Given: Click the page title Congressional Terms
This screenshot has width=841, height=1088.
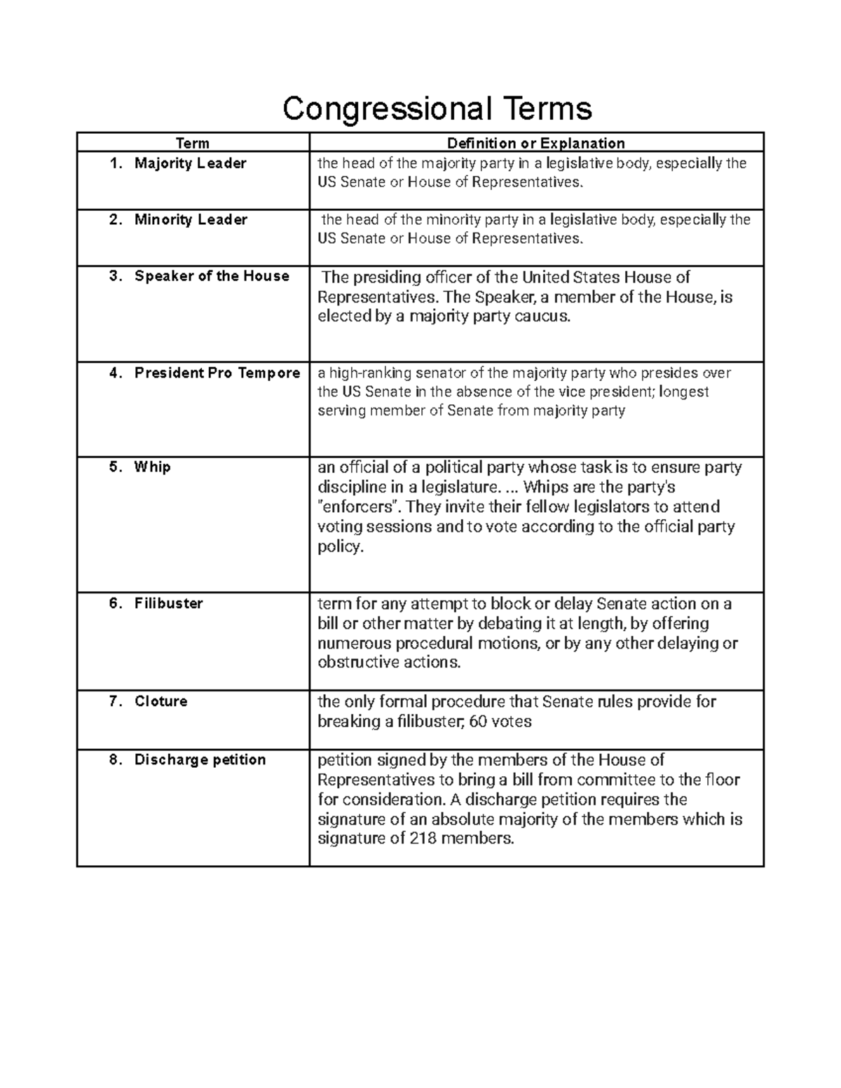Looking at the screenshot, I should pyautogui.click(x=437, y=108).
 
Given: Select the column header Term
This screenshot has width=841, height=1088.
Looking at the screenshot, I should pyautogui.click(x=192, y=143).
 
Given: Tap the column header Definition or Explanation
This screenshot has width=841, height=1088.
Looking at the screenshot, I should pyautogui.click(x=536, y=143).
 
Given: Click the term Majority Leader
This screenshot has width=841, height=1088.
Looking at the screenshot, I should pyautogui.click(x=190, y=163).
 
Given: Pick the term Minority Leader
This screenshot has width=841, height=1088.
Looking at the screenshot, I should pyautogui.click(x=191, y=219).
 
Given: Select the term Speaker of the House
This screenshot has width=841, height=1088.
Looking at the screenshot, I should pyautogui.click(x=212, y=276).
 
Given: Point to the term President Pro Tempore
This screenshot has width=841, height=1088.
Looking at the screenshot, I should pyautogui.click(x=217, y=373).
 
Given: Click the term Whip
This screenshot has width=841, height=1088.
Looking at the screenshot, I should pyautogui.click(x=152, y=467).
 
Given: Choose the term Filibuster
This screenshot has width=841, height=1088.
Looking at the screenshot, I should pyautogui.click(x=168, y=603).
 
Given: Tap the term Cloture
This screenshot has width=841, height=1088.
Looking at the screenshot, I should pyautogui.click(x=160, y=701).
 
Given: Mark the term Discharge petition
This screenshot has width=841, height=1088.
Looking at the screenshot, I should pyautogui.click(x=200, y=759).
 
